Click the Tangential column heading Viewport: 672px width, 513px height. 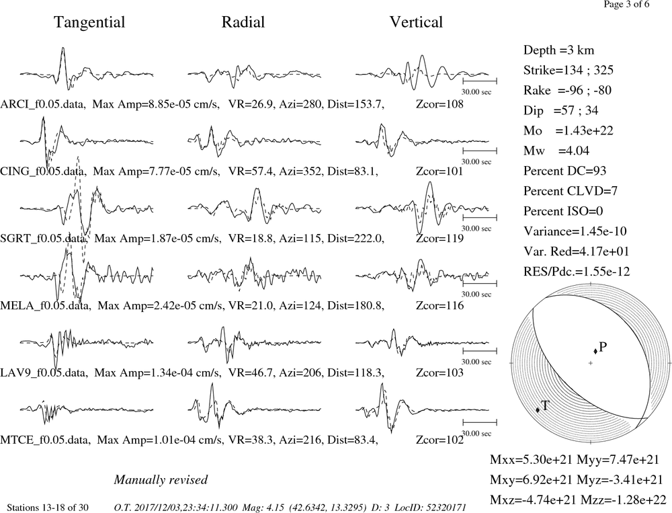[89, 23]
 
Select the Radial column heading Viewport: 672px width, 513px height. [243, 22]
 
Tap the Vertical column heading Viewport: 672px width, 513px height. [416, 22]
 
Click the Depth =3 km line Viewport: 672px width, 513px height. [559, 50]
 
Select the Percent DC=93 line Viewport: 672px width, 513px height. [565, 171]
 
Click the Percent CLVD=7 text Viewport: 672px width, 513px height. [571, 192]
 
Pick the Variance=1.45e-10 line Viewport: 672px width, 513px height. [575, 231]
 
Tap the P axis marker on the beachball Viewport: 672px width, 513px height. [595, 352]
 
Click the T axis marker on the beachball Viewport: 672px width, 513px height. [538, 409]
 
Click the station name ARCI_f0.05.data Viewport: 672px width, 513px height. [42, 105]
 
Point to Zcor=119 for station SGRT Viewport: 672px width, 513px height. [439, 239]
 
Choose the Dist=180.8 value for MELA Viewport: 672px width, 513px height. [355, 306]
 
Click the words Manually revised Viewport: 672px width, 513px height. [161, 480]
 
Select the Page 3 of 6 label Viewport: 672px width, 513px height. [626, 4]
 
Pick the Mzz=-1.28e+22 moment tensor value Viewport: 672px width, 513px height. [624, 500]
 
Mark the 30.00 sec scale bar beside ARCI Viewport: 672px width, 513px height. [480, 81]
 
